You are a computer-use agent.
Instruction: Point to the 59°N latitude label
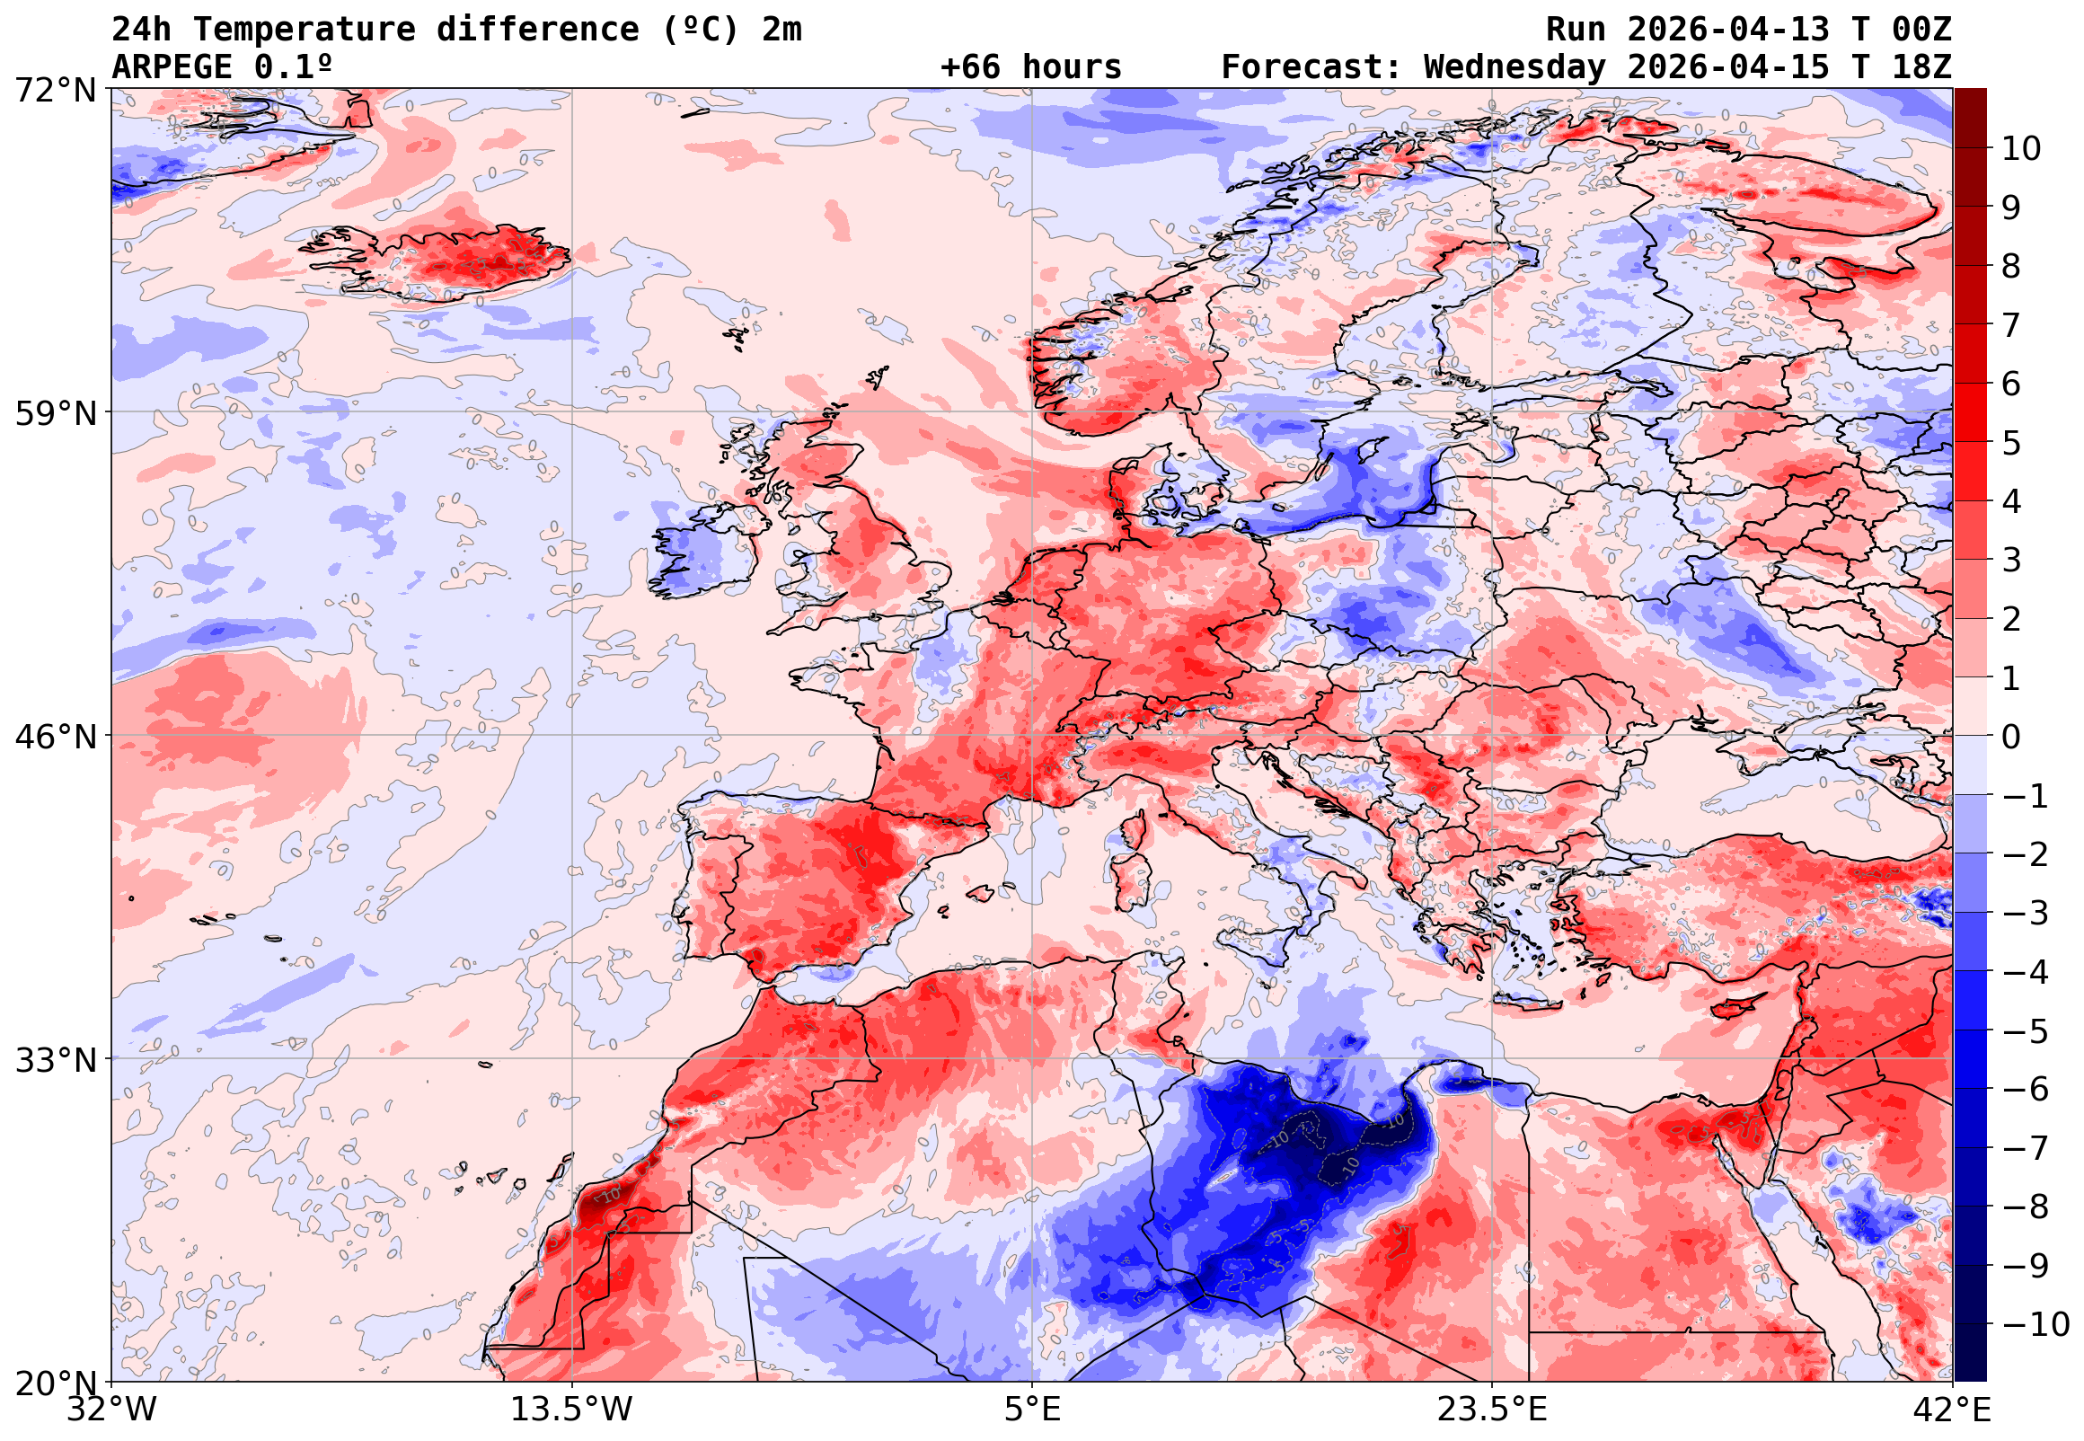55,413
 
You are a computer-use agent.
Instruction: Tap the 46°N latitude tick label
55,737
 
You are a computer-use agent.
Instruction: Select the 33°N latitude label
55,1060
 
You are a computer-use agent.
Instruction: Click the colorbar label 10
2021,148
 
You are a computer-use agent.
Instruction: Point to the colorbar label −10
2035,1325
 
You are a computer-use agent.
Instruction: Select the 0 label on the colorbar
2011,737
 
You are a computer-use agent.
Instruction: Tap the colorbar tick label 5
2011,443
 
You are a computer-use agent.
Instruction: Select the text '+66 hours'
1030,67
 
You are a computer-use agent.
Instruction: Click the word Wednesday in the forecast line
1514,67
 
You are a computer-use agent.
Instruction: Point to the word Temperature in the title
305,30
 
